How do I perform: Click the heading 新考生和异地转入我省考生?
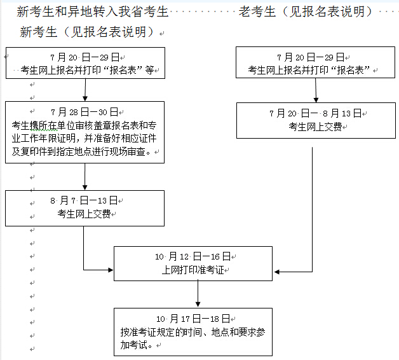tap(93, 11)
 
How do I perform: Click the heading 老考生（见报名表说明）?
tap(306, 11)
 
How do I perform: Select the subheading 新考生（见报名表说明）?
tap(87, 32)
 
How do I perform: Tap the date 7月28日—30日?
tap(85, 112)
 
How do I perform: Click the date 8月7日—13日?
tap(84, 200)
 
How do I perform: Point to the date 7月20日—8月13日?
tap(316, 113)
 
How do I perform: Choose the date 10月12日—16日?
tap(193, 256)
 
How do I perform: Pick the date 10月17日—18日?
tap(193, 319)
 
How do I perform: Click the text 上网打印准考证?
tap(193, 270)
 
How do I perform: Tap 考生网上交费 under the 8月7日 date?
tap(84, 214)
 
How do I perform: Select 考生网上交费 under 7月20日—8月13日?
tap(315, 127)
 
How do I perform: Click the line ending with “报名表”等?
tap(87, 70)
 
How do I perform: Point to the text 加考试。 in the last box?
tap(137, 345)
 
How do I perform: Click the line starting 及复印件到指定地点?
tap(81, 151)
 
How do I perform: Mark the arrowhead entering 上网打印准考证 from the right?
tap(277, 272)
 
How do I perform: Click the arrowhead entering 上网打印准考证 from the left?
tap(111, 270)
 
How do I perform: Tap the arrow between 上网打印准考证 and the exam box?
tap(198, 294)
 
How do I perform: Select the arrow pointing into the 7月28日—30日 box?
tap(85, 90)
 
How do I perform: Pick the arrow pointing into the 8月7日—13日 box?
tap(85, 177)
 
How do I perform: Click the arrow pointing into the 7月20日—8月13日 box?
tap(316, 90)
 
